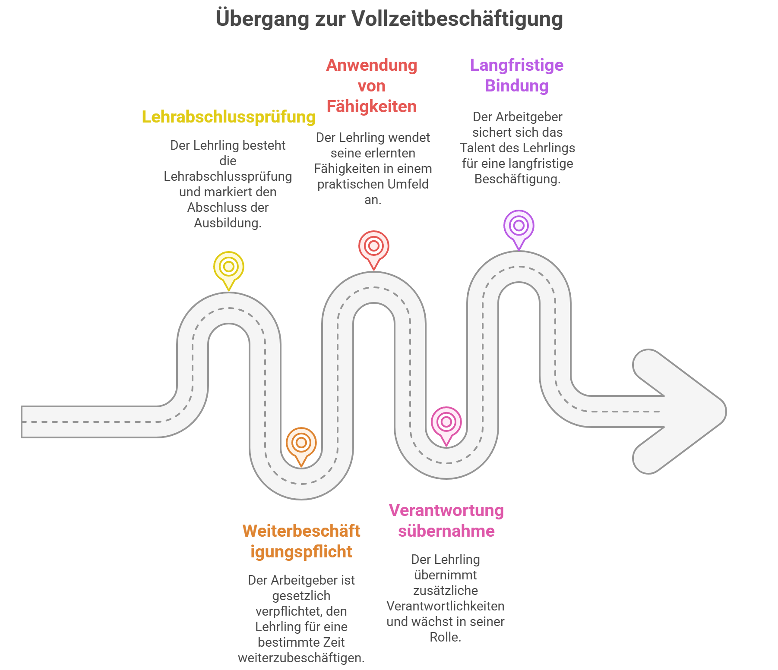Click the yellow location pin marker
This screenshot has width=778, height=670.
(229, 267)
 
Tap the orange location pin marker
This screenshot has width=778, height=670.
(301, 443)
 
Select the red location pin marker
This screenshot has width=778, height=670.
(374, 247)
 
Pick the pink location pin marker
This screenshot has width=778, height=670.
(446, 422)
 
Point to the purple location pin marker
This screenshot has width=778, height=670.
(519, 226)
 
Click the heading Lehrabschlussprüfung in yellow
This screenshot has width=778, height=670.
(229, 117)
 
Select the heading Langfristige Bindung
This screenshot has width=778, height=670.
(517, 75)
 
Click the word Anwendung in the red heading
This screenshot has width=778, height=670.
(372, 65)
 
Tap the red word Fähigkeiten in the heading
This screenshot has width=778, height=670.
(372, 107)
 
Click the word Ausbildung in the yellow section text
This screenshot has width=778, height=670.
(227, 223)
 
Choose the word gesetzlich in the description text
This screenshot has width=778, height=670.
(301, 596)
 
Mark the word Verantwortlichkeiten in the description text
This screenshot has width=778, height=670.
(446, 606)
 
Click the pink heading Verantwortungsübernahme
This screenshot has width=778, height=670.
(446, 521)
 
